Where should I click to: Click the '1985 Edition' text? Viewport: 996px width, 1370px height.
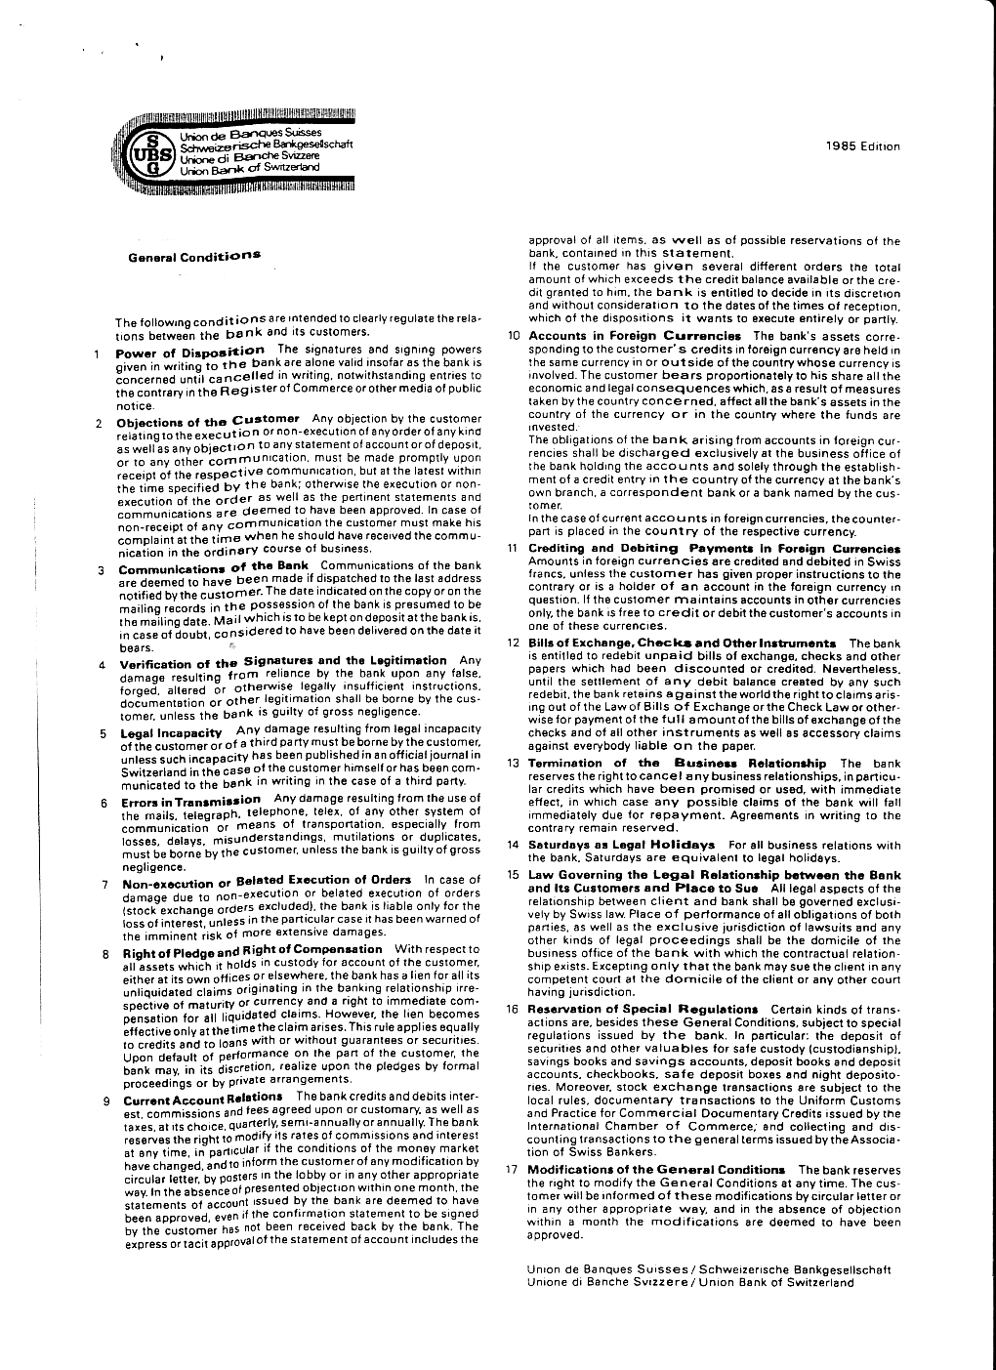click(x=862, y=147)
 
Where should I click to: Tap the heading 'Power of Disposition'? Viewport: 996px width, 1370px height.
click(x=189, y=351)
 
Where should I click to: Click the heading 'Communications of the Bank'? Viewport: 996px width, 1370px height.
click(x=213, y=566)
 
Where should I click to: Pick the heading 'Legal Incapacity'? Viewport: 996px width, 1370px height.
click(x=171, y=732)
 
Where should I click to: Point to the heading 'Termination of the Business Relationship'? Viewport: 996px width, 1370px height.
click(x=677, y=763)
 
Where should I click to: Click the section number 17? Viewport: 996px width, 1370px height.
click(x=511, y=1169)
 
